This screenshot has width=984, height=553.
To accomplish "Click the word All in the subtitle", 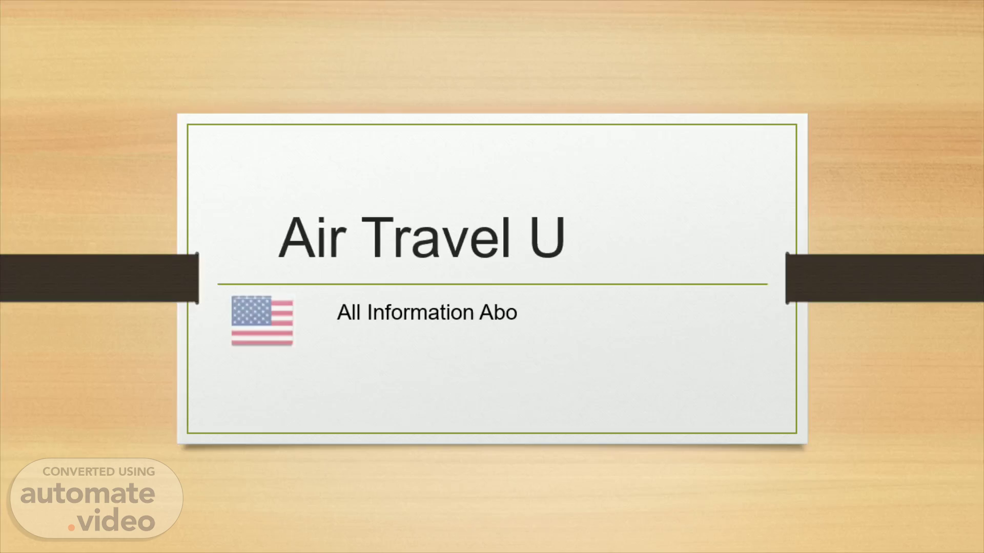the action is (x=349, y=312).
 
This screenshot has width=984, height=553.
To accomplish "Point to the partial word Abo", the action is (x=498, y=312).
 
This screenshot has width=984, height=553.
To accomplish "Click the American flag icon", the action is (x=262, y=321).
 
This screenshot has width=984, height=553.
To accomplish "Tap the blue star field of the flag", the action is (x=251, y=311).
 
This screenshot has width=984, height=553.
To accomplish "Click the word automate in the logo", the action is (x=88, y=494).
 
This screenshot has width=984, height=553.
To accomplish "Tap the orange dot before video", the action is (x=71, y=527).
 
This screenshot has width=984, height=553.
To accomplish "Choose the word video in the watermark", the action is (x=116, y=521).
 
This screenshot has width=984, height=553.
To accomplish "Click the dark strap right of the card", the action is (x=885, y=278).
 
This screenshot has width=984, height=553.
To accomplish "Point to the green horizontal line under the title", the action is (x=493, y=284).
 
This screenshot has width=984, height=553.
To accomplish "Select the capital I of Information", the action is (x=370, y=312).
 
